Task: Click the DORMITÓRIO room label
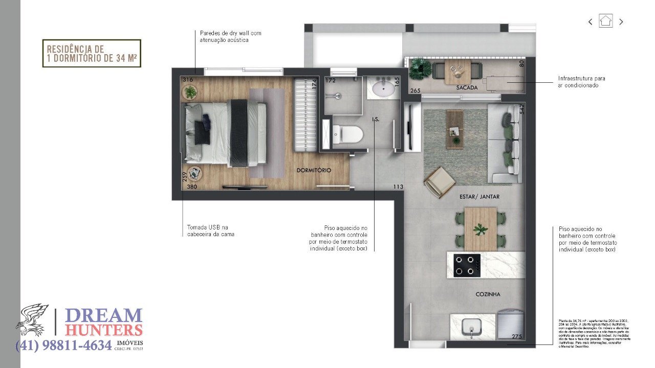point(314,170)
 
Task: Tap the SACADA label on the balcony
point(467,88)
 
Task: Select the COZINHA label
point(488,294)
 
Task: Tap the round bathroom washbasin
point(381,89)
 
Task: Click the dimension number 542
point(521,109)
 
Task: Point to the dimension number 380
point(192,187)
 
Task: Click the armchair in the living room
point(439,181)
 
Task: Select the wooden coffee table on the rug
point(454,129)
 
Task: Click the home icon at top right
point(606,21)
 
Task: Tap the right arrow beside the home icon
point(621,22)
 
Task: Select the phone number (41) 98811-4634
point(63,346)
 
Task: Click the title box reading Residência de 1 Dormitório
point(92,54)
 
